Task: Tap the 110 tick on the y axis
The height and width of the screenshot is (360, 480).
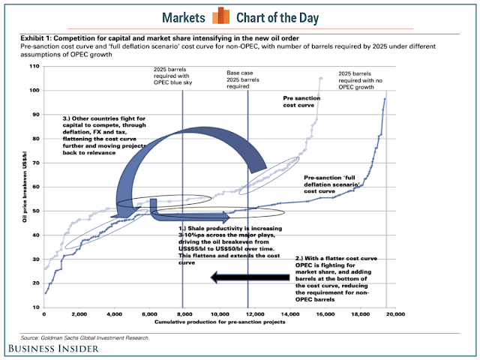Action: click(34, 67)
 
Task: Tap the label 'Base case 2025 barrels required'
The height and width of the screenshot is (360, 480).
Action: click(248, 80)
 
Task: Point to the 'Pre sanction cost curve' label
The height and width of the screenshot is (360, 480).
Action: click(303, 102)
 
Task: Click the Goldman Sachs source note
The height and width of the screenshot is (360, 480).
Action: click(85, 337)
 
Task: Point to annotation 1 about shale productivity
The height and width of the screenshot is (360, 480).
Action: click(227, 244)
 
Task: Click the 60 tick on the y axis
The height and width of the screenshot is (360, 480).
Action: click(35, 187)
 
